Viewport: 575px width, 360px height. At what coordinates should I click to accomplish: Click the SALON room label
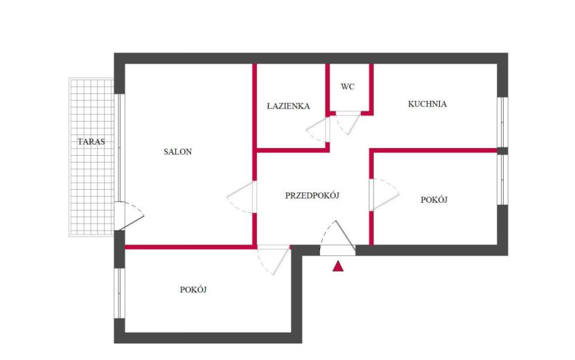click(x=177, y=152)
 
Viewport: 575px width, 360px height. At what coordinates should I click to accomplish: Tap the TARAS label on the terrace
click(x=91, y=141)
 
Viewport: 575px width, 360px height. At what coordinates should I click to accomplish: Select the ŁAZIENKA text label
click(x=288, y=107)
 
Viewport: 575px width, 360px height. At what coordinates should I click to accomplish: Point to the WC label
click(x=348, y=87)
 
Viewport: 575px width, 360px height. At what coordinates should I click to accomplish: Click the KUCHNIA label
click(x=427, y=104)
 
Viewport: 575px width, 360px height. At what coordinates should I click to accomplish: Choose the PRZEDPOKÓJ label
click(x=312, y=196)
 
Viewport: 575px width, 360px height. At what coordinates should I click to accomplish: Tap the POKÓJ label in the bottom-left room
click(x=193, y=289)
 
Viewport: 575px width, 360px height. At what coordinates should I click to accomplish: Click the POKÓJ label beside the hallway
click(x=434, y=200)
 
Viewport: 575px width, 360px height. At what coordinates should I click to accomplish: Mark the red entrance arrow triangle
click(x=338, y=266)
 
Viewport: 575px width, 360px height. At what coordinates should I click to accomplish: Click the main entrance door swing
click(x=337, y=238)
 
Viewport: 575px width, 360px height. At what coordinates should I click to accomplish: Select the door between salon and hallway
click(x=241, y=197)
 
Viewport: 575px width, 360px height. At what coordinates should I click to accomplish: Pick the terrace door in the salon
click(x=129, y=216)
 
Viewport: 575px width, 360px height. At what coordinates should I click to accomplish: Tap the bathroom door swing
click(x=317, y=129)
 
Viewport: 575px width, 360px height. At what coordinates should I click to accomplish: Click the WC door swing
click(x=348, y=123)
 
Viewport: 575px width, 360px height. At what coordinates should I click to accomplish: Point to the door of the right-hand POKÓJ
click(x=384, y=195)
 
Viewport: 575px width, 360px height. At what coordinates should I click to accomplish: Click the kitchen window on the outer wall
click(x=502, y=123)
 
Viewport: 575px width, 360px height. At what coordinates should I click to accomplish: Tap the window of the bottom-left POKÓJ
click(x=120, y=294)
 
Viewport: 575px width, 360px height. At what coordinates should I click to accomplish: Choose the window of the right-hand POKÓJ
click(x=502, y=179)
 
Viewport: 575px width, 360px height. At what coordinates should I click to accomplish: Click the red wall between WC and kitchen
click(x=371, y=89)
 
